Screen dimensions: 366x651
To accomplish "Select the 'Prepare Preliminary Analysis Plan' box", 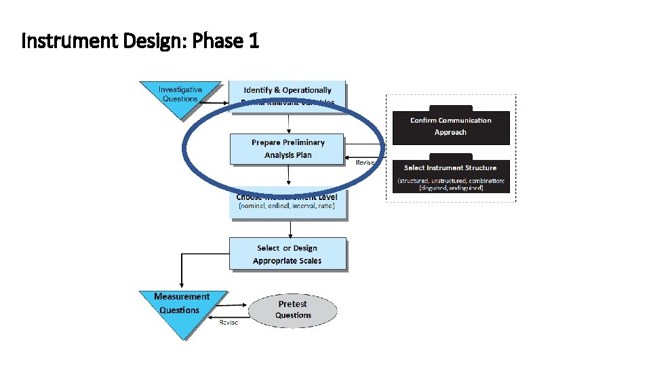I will click(x=288, y=149).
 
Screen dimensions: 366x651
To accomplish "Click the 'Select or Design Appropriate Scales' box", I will click(x=288, y=254).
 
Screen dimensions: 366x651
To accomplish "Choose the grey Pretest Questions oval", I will click(x=293, y=310).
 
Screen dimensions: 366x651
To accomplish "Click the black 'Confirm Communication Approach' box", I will click(x=451, y=126).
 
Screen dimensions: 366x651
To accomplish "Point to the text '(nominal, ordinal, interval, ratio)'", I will click(x=287, y=205).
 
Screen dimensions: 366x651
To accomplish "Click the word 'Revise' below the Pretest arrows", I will click(x=229, y=323).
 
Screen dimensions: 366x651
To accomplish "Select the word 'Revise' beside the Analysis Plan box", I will click(x=366, y=163).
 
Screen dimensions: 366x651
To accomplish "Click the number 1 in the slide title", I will click(x=254, y=42).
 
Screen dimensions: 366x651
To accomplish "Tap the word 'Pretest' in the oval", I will click(x=293, y=304).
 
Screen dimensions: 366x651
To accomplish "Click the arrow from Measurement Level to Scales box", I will click(x=290, y=228).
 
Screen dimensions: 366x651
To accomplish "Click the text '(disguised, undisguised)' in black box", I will click(x=451, y=188).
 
